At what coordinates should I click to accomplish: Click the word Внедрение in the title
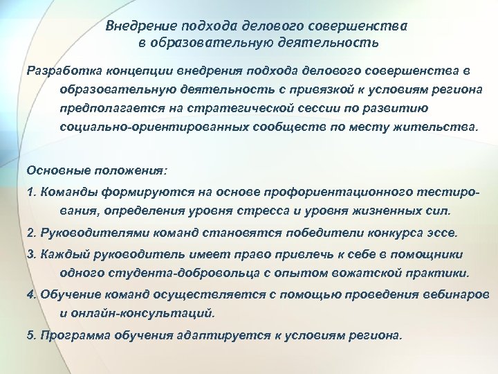pos(140,27)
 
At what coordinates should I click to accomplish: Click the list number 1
pos(30,190)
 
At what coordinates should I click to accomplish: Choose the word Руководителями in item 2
pos(82,232)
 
